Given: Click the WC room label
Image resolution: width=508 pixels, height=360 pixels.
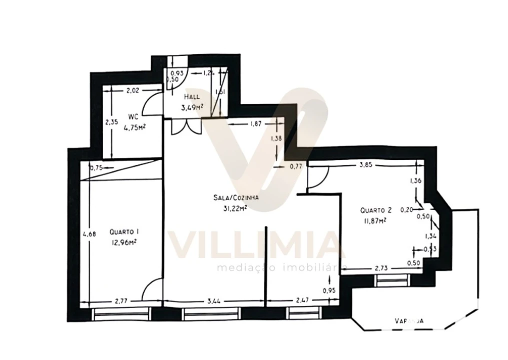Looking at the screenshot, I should tap(133, 116).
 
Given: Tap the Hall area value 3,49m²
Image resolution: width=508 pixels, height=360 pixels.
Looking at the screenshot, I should tap(192, 106).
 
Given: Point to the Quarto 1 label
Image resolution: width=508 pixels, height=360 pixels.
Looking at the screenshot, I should tap(124, 232).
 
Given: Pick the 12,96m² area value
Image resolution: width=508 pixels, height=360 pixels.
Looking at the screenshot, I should tap(124, 242).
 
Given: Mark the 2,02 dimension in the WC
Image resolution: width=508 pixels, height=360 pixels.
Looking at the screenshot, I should tap(133, 90).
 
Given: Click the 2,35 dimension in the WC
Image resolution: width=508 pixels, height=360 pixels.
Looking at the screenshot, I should tap(111, 121).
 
